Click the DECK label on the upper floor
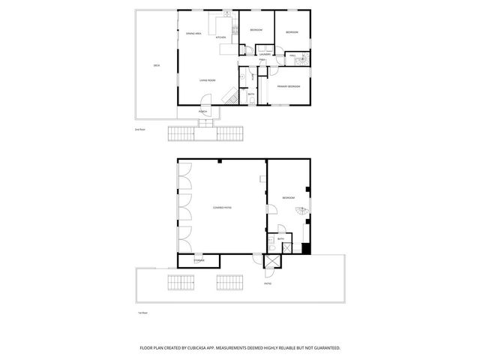coord(156,66)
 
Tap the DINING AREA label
coord(193,34)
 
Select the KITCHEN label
coord(220,37)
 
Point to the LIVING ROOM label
coord(207,80)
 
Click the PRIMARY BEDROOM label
coord(288,86)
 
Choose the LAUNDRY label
coord(265,55)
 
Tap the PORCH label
coord(202,112)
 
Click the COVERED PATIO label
coord(221,208)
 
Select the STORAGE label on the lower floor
coord(199,260)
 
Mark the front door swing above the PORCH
coord(206,101)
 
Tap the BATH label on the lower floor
coord(280,238)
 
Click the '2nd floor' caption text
coord(139,130)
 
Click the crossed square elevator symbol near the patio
coord(271,262)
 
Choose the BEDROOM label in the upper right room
coord(292,32)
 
